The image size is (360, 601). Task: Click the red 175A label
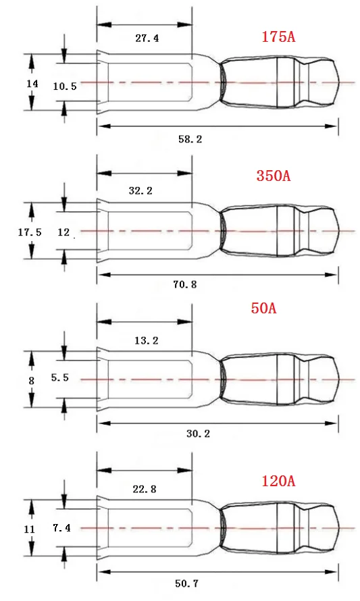coord(278,36)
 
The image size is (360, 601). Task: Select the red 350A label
coord(274,176)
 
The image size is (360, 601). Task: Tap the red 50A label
coord(263,309)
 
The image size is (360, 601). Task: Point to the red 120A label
coord(278,481)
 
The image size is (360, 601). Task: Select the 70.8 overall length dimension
coord(184,284)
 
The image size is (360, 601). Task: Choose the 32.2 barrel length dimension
coord(140,190)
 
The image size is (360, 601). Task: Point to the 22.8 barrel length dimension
coord(144,490)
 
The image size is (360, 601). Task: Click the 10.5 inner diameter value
coord(65,86)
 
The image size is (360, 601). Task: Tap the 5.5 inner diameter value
coord(60,378)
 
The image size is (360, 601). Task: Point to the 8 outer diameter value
coord(31,380)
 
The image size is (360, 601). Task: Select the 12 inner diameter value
coord(64,232)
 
